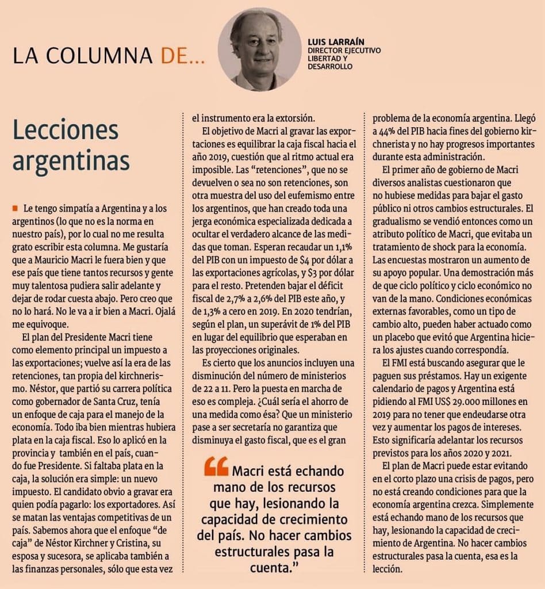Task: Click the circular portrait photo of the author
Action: coord(259,49)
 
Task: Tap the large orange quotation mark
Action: coord(216,466)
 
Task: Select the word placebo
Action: coord(393,337)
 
